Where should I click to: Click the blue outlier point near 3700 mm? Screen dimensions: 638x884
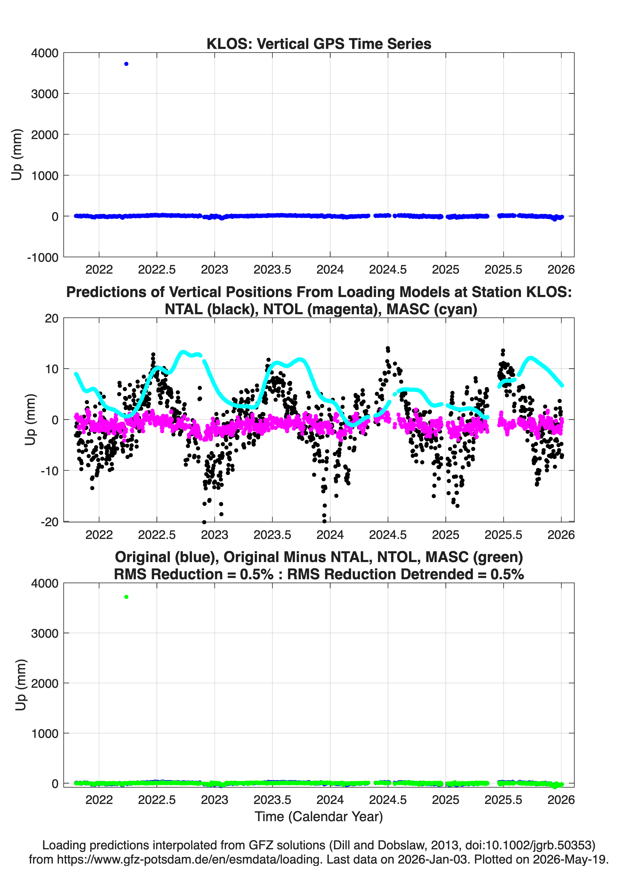(x=126, y=64)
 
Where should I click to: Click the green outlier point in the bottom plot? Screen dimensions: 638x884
(x=126, y=597)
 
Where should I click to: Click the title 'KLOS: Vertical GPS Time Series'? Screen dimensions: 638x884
(x=319, y=44)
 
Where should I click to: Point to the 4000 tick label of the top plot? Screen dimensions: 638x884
(x=45, y=53)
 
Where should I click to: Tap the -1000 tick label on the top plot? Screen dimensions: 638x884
(x=43, y=258)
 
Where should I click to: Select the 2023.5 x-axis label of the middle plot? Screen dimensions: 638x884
(x=272, y=534)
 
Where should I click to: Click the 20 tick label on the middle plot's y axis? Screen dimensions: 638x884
(x=52, y=318)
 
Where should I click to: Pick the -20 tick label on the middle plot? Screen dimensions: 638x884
(x=49, y=522)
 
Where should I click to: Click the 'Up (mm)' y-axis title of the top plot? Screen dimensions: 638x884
(x=16, y=154)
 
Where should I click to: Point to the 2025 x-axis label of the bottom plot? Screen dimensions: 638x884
(x=445, y=800)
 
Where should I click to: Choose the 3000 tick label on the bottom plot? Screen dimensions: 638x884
(x=45, y=634)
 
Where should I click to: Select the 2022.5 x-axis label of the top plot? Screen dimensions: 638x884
(x=157, y=269)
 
